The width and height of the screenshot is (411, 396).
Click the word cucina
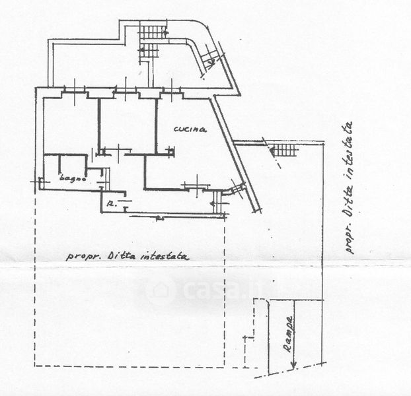pyautogui.click(x=190, y=130)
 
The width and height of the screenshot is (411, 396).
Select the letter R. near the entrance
pyautogui.click(x=112, y=205)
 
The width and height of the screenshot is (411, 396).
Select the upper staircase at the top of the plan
pyautogui.click(x=152, y=31)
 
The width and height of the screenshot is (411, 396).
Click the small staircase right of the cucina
pyautogui.click(x=285, y=150)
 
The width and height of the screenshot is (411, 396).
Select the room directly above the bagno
pyautogui.click(x=70, y=125)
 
